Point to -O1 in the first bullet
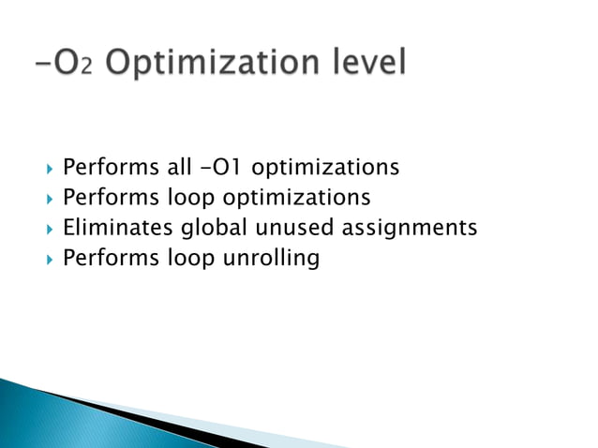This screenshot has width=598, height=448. click(x=229, y=168)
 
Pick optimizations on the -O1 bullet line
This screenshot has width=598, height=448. click(x=326, y=169)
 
